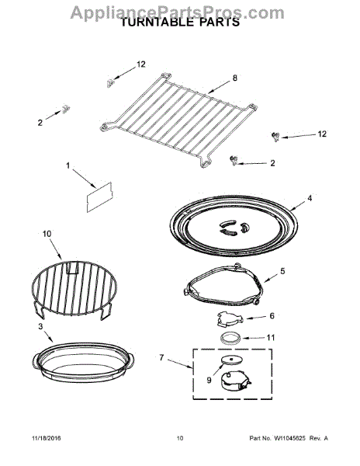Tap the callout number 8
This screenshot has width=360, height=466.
(234, 78)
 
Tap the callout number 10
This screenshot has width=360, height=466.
(46, 233)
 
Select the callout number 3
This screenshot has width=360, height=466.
(40, 327)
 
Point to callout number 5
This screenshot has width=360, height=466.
(282, 271)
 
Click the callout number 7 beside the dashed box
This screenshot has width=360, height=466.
(161, 357)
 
